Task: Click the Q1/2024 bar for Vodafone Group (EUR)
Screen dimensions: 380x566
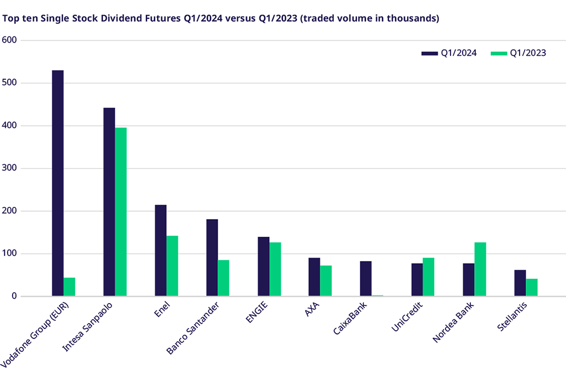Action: (57, 183)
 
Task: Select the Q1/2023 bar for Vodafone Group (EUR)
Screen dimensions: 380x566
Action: (69, 287)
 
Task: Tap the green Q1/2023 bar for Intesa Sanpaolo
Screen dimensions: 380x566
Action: (120, 212)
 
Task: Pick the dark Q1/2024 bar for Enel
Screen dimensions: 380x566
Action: (161, 251)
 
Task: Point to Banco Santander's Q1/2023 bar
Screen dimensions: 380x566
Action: (223, 278)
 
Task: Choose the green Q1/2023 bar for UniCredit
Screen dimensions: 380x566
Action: (428, 277)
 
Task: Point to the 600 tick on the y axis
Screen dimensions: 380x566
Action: (10, 40)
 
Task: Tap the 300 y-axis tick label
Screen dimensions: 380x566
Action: (10, 168)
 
